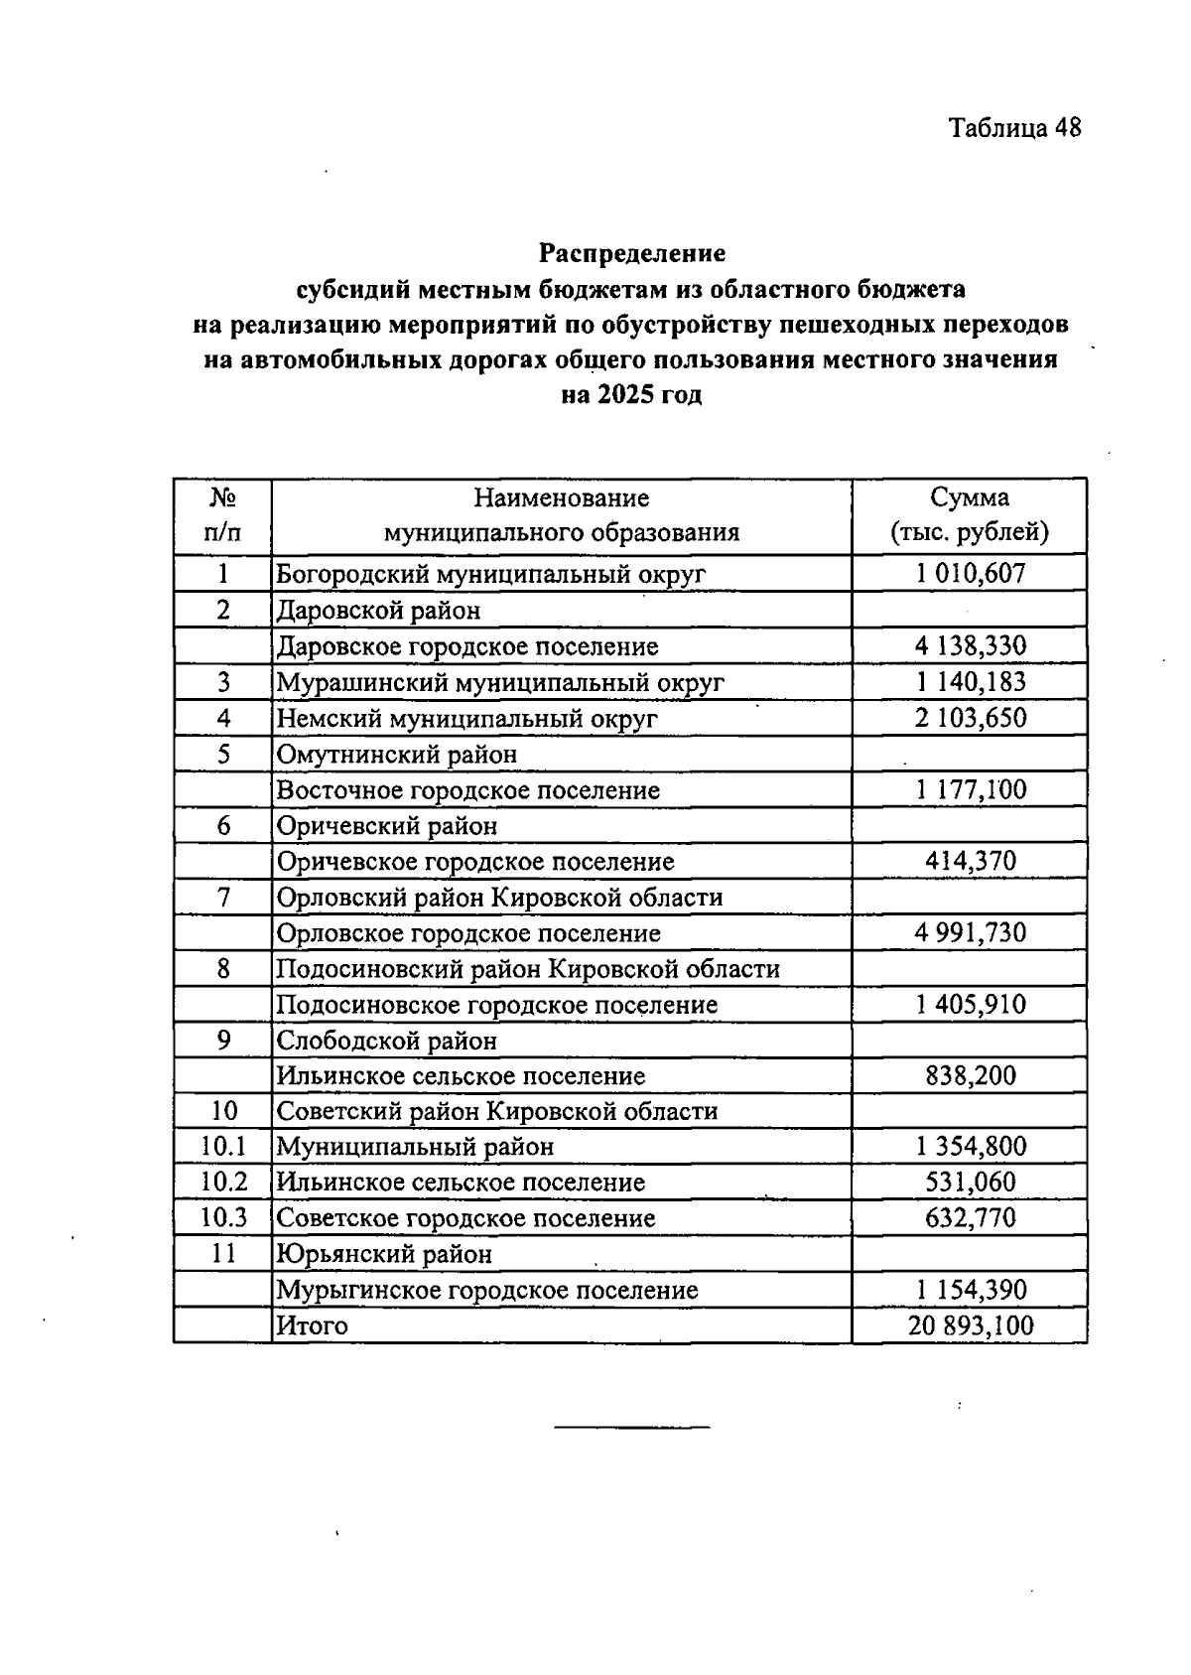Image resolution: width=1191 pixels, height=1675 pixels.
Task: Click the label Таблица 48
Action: pos(1013,128)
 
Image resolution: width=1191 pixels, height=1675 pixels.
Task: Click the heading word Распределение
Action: pos(632,253)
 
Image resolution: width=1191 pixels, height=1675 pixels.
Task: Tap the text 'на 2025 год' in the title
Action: pos(631,395)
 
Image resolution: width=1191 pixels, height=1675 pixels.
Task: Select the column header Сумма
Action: pos(970,497)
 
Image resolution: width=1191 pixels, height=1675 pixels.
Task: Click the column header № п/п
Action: pos(222,514)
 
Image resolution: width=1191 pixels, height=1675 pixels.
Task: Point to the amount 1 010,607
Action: pos(970,573)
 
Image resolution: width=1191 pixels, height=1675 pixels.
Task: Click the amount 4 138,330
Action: pos(970,646)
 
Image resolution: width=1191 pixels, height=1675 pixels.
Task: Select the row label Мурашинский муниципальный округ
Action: pos(499,683)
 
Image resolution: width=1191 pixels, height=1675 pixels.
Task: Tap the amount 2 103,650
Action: pos(970,718)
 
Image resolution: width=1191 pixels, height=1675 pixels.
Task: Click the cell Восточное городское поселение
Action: pos(467,790)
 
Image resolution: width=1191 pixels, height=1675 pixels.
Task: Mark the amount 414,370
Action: pos(970,861)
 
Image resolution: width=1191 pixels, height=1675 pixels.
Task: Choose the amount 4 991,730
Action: pos(970,932)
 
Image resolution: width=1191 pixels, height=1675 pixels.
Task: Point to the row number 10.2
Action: pos(222,1182)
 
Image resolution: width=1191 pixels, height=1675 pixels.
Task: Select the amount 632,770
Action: pos(970,1217)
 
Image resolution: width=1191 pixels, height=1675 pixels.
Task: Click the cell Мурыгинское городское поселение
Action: pos(486,1290)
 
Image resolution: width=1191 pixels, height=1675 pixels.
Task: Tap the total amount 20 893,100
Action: pos(970,1326)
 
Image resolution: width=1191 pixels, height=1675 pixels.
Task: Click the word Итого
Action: pos(312,1326)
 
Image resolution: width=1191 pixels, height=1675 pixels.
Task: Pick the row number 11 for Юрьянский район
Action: pos(222,1254)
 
